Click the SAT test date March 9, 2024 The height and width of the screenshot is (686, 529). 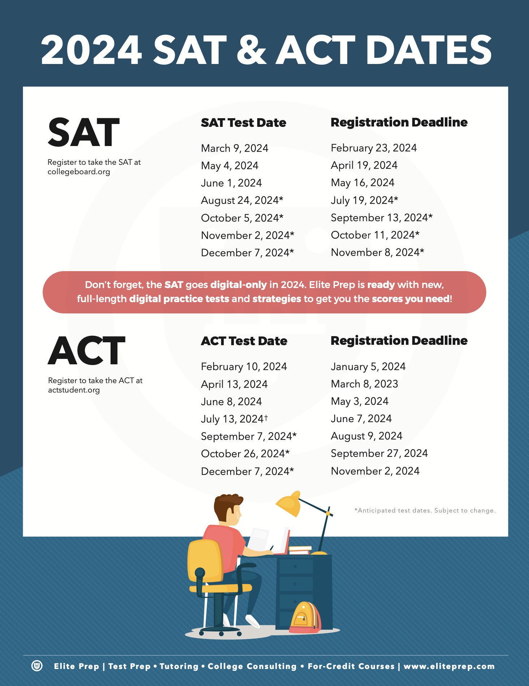pos(235,148)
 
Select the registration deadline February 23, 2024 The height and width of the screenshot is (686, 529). pos(374,148)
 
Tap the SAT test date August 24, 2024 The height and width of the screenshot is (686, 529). pos(242,200)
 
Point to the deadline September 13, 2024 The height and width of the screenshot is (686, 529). pos(381,218)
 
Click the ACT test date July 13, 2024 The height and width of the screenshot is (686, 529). pos(234,419)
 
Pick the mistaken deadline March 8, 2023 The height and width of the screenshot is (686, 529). pos(364,384)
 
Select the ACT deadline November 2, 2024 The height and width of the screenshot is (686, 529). pos(375,471)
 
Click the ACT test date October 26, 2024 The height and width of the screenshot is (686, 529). pos(245,454)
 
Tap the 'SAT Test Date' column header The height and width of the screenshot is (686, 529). pos(244,123)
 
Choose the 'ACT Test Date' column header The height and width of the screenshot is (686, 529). pos(244,341)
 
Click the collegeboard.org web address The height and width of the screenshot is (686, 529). pos(79,172)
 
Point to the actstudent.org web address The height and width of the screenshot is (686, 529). pos(74,390)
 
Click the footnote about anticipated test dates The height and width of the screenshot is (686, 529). pos(425,510)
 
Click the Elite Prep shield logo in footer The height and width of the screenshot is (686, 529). pos(37,666)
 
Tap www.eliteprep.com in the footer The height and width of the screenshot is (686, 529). pos(449,666)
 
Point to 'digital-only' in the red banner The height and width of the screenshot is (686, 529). pos(238,285)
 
